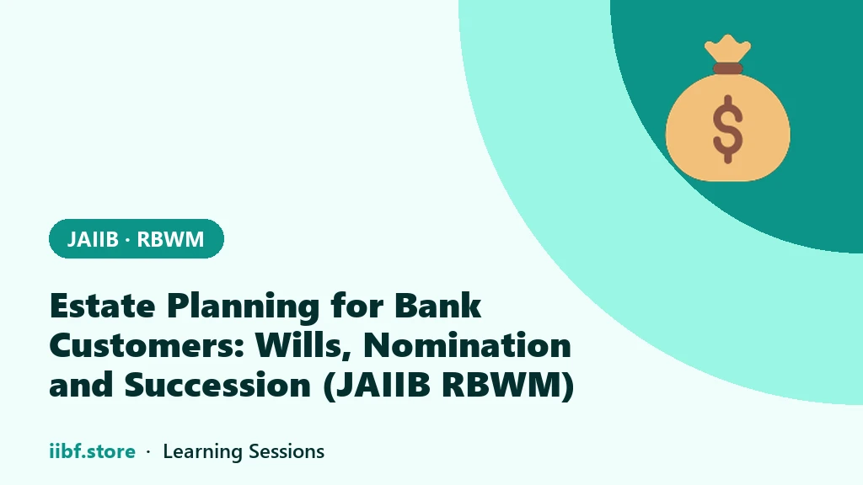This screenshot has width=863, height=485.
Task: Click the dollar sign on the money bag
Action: tap(727, 129)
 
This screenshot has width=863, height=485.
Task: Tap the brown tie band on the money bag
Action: tap(727, 69)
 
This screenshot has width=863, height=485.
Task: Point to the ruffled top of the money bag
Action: tap(727, 48)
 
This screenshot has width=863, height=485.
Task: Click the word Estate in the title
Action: tap(102, 306)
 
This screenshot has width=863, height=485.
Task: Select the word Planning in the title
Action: tap(244, 306)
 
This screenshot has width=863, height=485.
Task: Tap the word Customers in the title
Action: tap(147, 345)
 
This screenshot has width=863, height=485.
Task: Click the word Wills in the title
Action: tap(303, 346)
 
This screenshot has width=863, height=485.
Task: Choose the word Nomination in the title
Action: tap(467, 345)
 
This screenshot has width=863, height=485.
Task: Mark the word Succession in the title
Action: tap(218, 385)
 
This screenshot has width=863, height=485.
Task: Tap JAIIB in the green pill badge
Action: tap(93, 239)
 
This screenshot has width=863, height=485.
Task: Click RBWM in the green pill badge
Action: tap(170, 239)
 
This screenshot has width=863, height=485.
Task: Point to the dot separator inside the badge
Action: tap(128, 240)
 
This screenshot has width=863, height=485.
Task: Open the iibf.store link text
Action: tap(92, 451)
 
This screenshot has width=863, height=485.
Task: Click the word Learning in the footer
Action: tap(202, 452)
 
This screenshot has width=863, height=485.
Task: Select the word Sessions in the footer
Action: tap(287, 451)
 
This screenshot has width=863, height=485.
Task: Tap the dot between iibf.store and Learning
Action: tap(148, 452)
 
